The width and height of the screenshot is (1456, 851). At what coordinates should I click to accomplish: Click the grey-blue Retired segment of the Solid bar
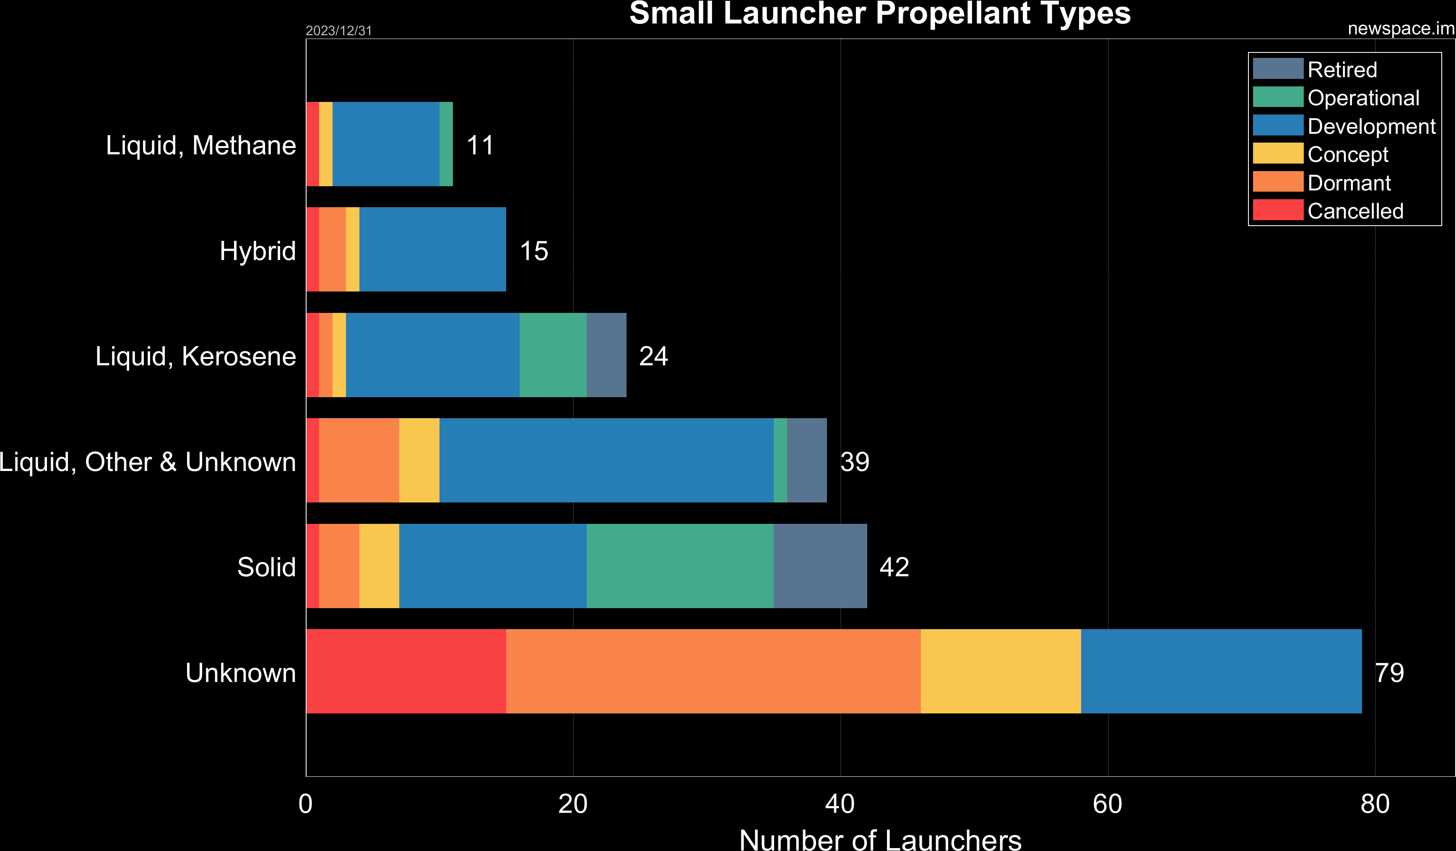tap(820, 566)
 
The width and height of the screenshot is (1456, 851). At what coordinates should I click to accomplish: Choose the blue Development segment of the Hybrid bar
tap(432, 249)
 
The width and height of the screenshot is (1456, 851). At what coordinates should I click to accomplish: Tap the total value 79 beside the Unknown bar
tap(1389, 672)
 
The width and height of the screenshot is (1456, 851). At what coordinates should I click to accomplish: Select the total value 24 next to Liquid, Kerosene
tap(653, 356)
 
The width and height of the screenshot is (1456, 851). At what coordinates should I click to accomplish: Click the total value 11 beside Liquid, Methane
tap(480, 145)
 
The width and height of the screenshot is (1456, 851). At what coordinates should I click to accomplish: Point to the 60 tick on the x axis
tap(1107, 804)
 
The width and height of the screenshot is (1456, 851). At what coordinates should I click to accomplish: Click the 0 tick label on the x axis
tap(306, 804)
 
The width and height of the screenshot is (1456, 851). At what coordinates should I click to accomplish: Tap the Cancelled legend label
tap(1355, 211)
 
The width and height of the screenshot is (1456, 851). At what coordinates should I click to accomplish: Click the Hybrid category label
tap(257, 251)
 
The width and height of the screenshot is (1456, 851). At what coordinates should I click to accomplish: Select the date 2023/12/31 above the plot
tap(338, 31)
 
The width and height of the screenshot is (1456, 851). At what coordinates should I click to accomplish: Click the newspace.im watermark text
tap(1401, 28)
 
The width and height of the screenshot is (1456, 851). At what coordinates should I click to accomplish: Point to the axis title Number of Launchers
tap(880, 839)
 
